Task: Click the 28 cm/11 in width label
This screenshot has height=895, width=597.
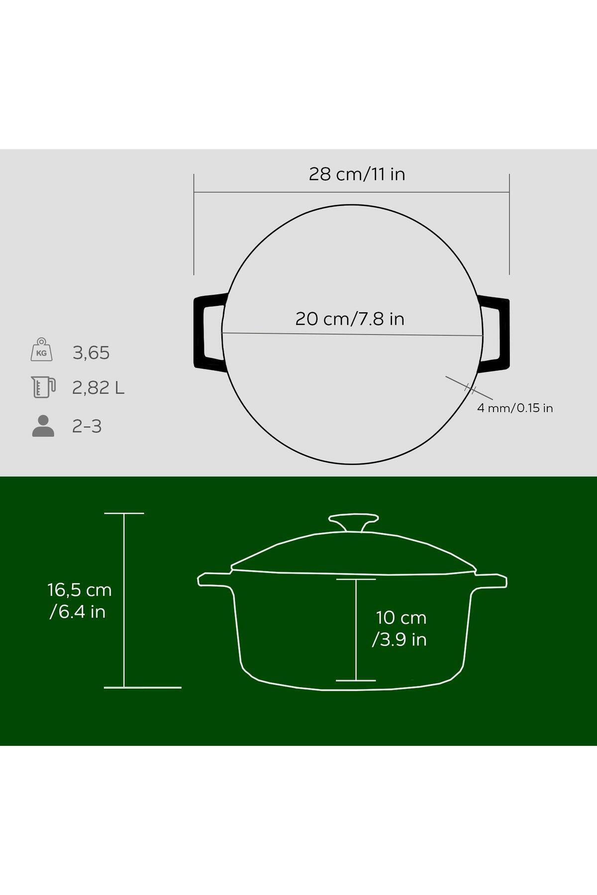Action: point(357,174)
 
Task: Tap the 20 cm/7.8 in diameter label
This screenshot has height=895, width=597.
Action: point(350,319)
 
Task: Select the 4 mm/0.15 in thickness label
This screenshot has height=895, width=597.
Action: point(515,408)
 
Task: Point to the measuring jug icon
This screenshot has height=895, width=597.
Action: point(43,387)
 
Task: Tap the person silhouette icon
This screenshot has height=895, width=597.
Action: point(43,426)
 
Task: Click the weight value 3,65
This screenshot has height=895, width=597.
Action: point(91,353)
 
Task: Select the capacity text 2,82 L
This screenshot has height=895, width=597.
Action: point(98,387)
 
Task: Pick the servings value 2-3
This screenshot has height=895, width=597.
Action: point(87,426)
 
